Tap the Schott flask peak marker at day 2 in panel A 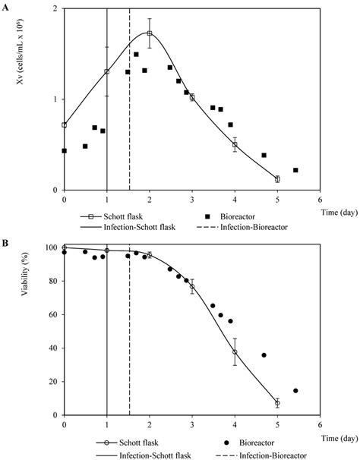point(150,33)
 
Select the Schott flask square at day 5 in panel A point(277,179)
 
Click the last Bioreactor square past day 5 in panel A point(295,170)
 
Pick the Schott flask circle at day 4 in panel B point(235,351)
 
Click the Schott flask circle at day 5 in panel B point(277,403)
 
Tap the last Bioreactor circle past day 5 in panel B point(295,391)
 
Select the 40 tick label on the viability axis point(54,348)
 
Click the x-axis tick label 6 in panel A point(320,200)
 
